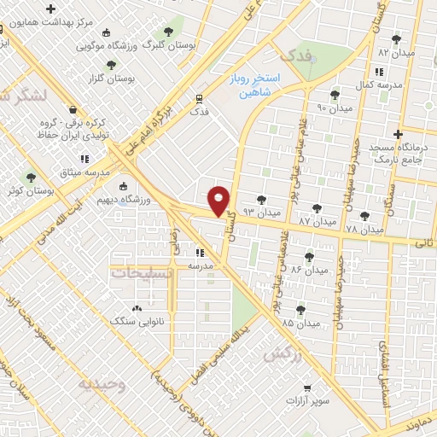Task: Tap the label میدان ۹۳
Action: pos(261,210)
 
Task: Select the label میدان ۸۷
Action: pos(316,221)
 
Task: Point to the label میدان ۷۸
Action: pos(364,230)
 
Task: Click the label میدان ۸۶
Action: pos(309,270)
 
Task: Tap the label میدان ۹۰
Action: pos(334,108)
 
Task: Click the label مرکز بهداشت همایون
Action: pos(67,25)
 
